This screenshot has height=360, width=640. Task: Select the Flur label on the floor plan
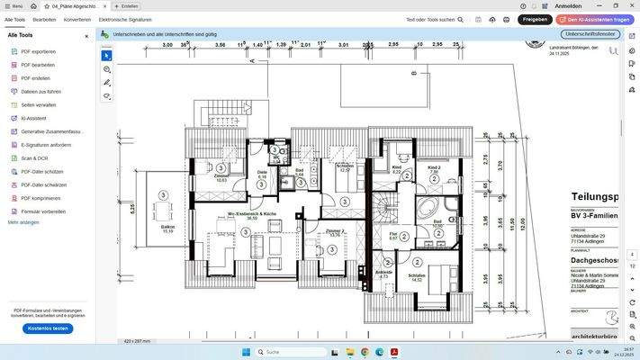point(393,236)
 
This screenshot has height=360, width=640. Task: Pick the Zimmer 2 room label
point(334,232)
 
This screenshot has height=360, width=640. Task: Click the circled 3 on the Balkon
point(163,195)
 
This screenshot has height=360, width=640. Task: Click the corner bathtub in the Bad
point(429,209)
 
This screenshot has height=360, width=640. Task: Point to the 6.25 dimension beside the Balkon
point(132,208)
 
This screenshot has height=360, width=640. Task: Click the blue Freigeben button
point(535,19)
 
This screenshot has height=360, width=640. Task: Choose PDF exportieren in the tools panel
point(38,51)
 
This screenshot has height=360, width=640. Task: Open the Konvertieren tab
point(77,19)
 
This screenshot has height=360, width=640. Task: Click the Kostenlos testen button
point(48,328)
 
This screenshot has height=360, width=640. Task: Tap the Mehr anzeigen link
point(23,222)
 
